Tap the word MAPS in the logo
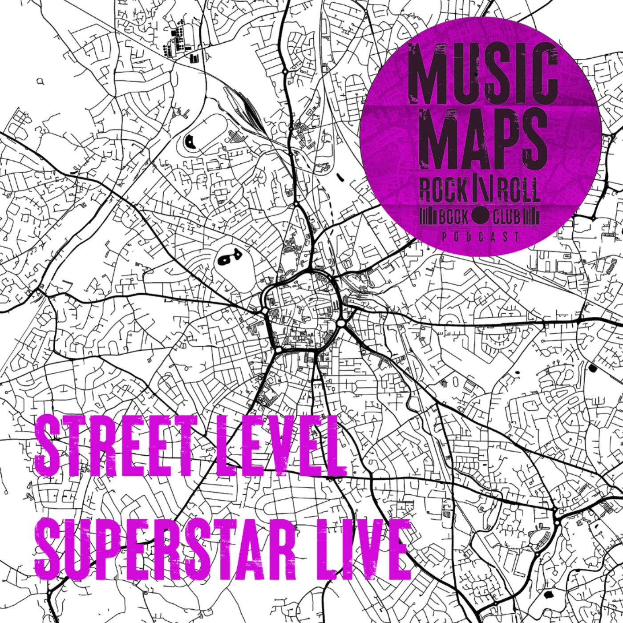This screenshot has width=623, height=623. click(483, 138)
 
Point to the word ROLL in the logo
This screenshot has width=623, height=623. click(518, 191)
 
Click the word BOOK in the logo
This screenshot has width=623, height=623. click(453, 217)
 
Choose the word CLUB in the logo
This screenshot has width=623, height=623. click(506, 217)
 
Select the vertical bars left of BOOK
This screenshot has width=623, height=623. click(429, 217)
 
